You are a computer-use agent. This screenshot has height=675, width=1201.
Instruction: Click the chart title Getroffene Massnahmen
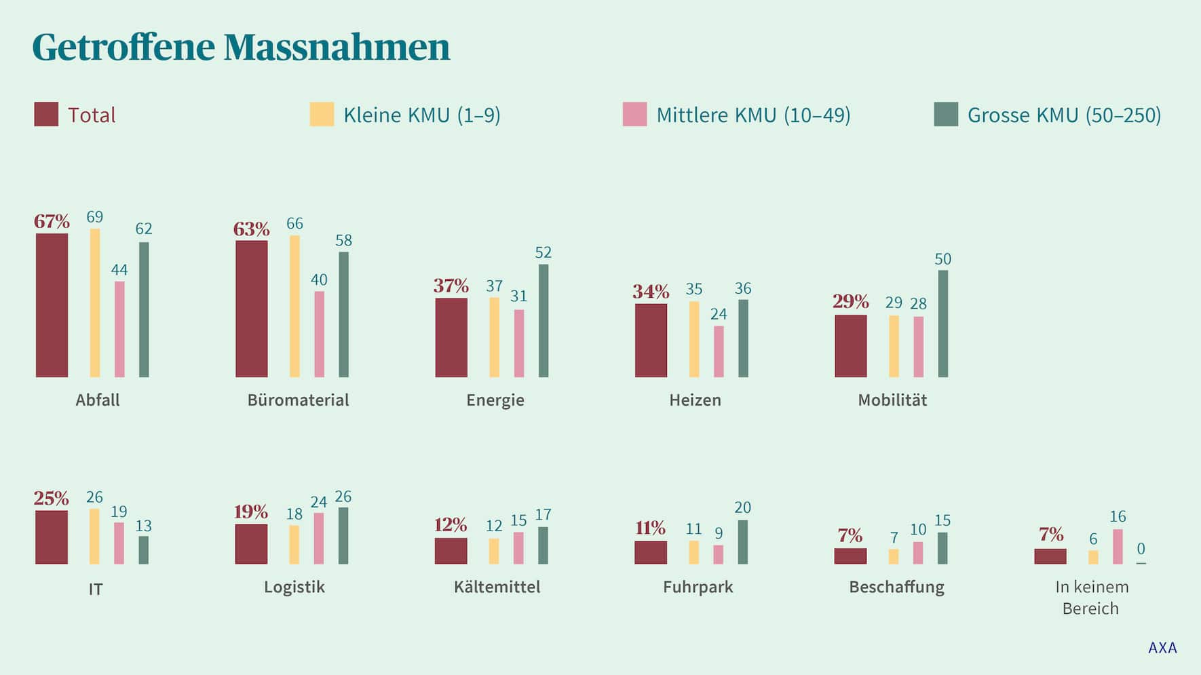coord(241,47)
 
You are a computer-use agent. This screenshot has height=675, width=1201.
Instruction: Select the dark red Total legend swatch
coord(46,115)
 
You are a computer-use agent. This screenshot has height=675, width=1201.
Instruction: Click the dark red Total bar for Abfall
coord(52,305)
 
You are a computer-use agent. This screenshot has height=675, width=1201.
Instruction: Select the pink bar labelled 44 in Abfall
coord(119,329)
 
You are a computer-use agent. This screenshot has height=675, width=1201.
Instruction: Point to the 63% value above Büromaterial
coord(251,229)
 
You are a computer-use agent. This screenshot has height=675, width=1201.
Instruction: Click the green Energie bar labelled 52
coord(544,320)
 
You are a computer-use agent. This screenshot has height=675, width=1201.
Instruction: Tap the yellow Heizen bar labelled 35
coord(693,339)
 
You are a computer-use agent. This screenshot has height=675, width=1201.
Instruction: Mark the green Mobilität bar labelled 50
coord(943,324)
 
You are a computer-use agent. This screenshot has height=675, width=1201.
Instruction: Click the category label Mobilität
coord(892,400)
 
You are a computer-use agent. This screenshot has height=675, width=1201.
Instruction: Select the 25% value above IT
coord(51,499)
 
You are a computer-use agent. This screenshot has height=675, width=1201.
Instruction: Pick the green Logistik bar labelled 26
coord(343,535)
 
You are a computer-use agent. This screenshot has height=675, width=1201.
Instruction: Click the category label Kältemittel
coord(497,587)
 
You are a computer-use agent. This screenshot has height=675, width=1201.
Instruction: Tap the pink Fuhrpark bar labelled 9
coord(718,554)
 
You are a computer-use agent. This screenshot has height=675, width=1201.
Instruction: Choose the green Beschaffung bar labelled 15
coord(942,548)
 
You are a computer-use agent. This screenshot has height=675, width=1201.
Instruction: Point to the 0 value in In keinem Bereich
coord(1141,548)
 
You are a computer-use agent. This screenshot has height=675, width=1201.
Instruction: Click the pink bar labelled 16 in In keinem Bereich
coord(1118,547)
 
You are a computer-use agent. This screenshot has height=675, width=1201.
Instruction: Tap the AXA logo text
coord(1162,648)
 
